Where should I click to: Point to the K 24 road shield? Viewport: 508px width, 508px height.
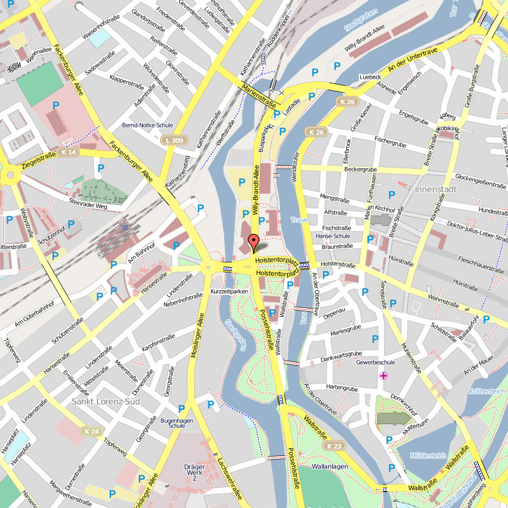91,431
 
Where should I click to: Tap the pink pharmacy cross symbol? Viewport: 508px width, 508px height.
384,376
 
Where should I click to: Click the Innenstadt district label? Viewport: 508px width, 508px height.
437,190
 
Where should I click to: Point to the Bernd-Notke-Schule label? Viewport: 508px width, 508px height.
147,125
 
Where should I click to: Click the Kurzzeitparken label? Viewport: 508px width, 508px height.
229,291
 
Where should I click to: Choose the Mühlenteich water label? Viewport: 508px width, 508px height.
428,456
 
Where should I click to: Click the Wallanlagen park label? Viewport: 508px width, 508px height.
330,467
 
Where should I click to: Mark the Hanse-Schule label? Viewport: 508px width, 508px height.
333,236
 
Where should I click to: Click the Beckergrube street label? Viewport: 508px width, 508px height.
360,170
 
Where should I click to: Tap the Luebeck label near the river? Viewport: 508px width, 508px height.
370,77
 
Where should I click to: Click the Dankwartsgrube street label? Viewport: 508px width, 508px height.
340,354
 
